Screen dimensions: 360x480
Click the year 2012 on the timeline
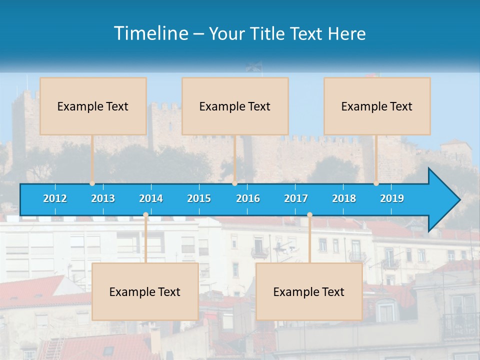[x=55, y=198]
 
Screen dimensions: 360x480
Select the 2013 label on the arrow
[x=103, y=198]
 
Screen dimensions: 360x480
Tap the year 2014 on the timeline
[x=151, y=198]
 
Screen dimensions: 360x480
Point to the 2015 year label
[x=199, y=198]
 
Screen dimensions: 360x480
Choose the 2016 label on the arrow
[x=248, y=198]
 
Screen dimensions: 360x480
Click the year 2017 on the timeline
[x=296, y=198]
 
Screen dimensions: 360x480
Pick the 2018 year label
[x=344, y=198]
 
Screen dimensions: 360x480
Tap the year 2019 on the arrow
[x=392, y=198]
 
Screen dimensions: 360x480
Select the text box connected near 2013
[x=93, y=106]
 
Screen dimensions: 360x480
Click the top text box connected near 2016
[x=235, y=106]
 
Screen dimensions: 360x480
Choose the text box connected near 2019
[x=377, y=106]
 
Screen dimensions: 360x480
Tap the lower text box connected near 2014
[x=145, y=291]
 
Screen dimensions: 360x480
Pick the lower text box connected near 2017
[x=309, y=291]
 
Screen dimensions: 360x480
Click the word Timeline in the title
[x=150, y=33]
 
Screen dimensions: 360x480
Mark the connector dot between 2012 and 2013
[x=92, y=183]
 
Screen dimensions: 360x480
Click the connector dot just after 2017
[x=309, y=215]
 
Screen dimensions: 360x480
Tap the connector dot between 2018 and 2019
[x=376, y=183]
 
